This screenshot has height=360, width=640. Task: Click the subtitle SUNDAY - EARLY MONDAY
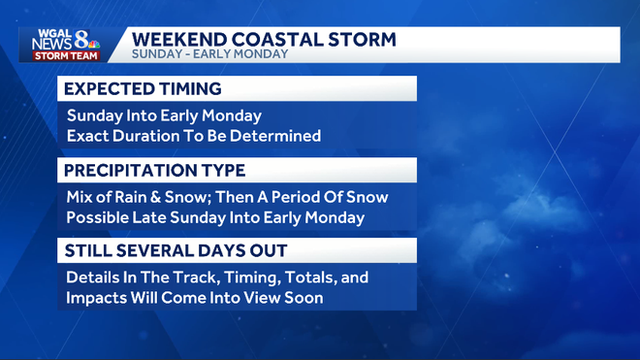209,55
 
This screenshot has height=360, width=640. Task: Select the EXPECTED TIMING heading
143,89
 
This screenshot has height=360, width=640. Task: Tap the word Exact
88,136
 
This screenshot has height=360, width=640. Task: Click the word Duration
150,136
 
